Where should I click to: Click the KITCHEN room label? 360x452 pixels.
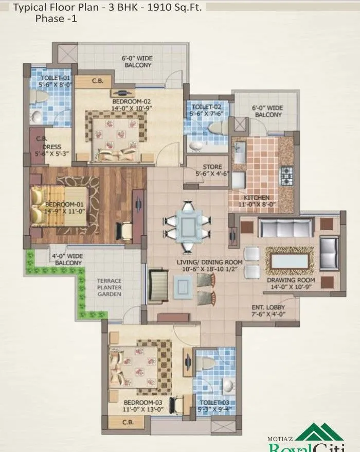(256, 198)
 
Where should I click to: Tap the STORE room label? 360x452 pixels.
(212, 167)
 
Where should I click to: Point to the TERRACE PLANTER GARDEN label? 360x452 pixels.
(109, 287)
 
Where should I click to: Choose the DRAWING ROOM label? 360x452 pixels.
(291, 281)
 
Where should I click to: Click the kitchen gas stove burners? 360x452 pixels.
(286, 176)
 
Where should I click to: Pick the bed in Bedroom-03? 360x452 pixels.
(138, 364)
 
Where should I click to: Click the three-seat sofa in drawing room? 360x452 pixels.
(285, 227)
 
